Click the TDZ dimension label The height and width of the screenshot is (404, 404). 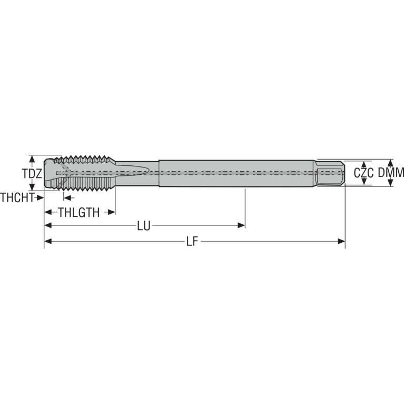pos(32,174)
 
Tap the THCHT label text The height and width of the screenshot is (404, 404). pos(17,198)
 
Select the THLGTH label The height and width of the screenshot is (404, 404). pos(79,213)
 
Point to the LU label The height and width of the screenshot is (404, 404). pos(144,226)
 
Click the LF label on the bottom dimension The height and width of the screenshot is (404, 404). pos(192,242)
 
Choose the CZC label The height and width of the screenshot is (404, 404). pos(363,173)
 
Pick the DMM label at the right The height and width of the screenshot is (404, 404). pos(391,173)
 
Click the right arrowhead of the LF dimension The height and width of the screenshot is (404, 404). pos(341,241)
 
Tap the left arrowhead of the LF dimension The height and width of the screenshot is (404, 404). pos(48,241)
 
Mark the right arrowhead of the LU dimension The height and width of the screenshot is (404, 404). pos(241,225)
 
